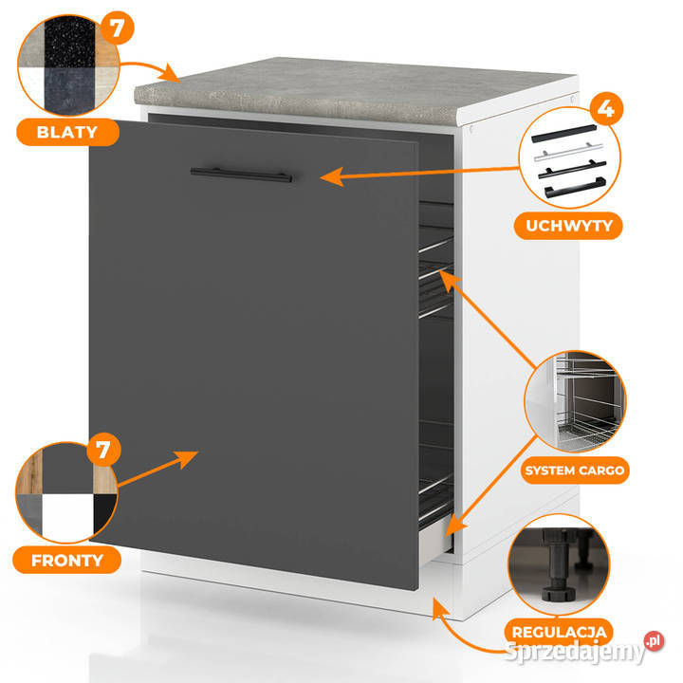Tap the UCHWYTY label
coord(568,226)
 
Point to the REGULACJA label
coord(559,631)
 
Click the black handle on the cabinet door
coord(241,174)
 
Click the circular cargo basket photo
coord(576,402)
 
